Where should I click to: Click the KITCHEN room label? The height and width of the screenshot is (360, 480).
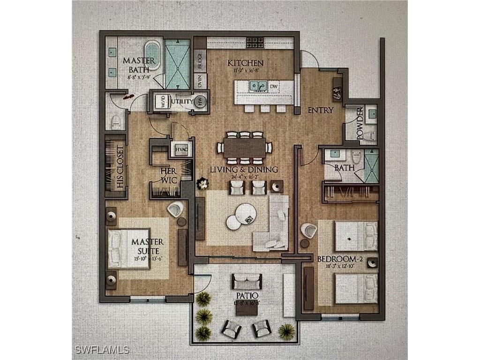point(245,63)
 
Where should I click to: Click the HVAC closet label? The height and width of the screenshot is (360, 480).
point(182,149)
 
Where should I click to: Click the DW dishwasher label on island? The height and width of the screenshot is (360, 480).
point(274,86)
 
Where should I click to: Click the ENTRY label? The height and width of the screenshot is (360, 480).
point(320,110)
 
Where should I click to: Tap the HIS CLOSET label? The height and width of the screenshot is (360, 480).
point(120,167)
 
